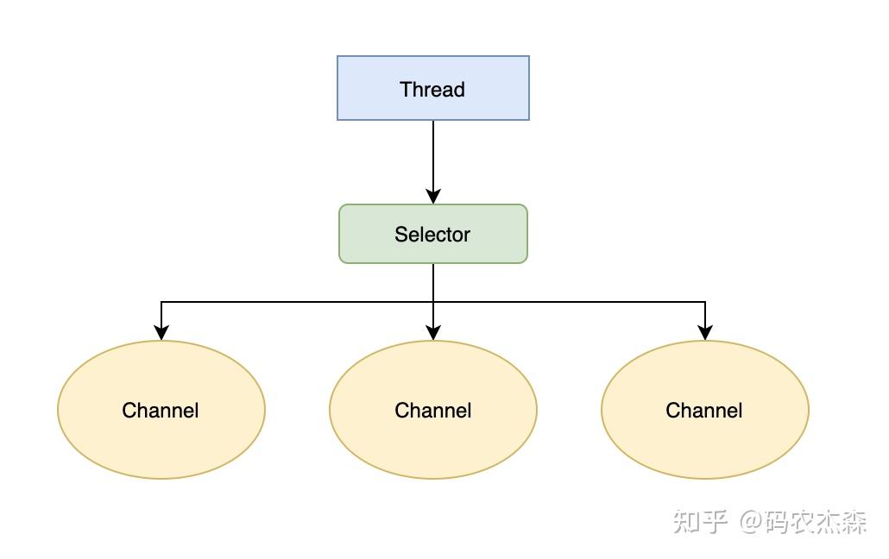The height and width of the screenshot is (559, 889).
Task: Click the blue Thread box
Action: pyautogui.click(x=433, y=88)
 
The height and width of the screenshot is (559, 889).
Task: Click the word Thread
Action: pyautogui.click(x=432, y=90)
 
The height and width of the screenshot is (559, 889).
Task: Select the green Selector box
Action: pyautogui.click(x=433, y=234)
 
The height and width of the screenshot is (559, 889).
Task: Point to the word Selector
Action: pyautogui.click(x=432, y=234)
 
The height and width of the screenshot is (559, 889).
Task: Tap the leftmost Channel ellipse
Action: pyautogui.click(x=161, y=409)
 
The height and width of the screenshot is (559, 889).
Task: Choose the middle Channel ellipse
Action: pyautogui.click(x=433, y=409)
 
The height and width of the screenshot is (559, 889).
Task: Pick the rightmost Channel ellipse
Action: pyautogui.click(x=705, y=409)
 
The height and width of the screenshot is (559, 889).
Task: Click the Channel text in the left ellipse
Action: pyautogui.click(x=161, y=411)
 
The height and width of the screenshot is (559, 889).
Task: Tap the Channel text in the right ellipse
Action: pyautogui.click(x=703, y=411)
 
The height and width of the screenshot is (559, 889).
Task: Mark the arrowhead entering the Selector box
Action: pyautogui.click(x=433, y=197)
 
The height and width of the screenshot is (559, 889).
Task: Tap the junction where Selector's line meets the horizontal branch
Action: pyautogui.click(x=433, y=302)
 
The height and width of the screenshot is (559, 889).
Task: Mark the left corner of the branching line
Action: pyautogui.click(x=161, y=302)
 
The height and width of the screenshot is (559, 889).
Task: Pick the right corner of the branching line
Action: pyautogui.click(x=705, y=302)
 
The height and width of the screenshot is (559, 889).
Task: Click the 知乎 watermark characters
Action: pyautogui.click(x=700, y=521)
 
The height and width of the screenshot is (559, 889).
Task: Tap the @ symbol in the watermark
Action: pyautogui.click(x=751, y=522)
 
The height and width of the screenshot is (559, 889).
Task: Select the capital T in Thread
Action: pyautogui.click(x=406, y=90)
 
